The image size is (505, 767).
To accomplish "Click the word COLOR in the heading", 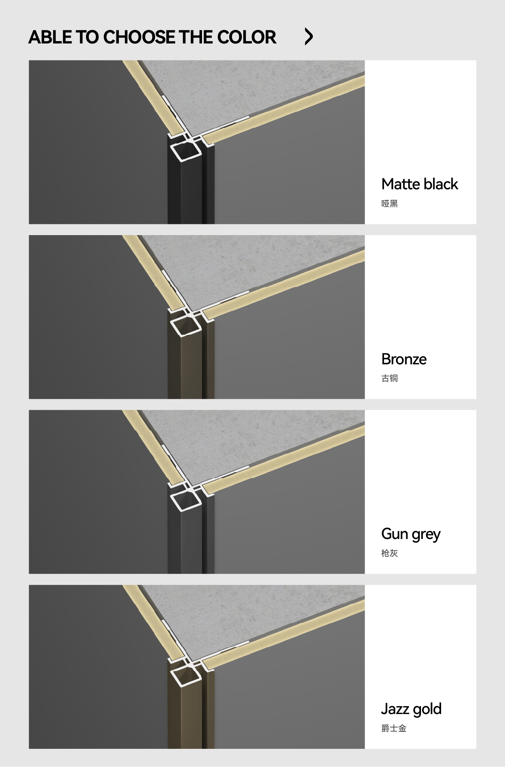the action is (247, 37).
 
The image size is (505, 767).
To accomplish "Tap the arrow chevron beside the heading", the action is (309, 36).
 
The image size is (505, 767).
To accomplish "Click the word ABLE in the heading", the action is (50, 37).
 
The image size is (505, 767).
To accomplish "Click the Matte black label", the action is (420, 184).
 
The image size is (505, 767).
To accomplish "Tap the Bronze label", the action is (404, 359).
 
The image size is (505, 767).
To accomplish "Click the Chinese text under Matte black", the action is (389, 204).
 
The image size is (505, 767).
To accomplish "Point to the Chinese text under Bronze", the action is (389, 379).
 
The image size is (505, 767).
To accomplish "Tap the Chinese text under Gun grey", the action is (389, 553).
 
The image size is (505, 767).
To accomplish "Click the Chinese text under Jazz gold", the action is (394, 728).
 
